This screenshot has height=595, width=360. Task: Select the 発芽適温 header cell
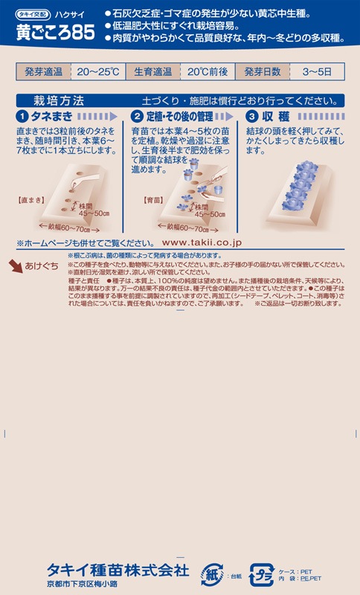click(44, 72)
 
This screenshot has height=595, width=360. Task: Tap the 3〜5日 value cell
click(313, 72)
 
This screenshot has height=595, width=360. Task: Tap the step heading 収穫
click(277, 117)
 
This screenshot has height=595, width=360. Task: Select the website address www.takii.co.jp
click(202, 242)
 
